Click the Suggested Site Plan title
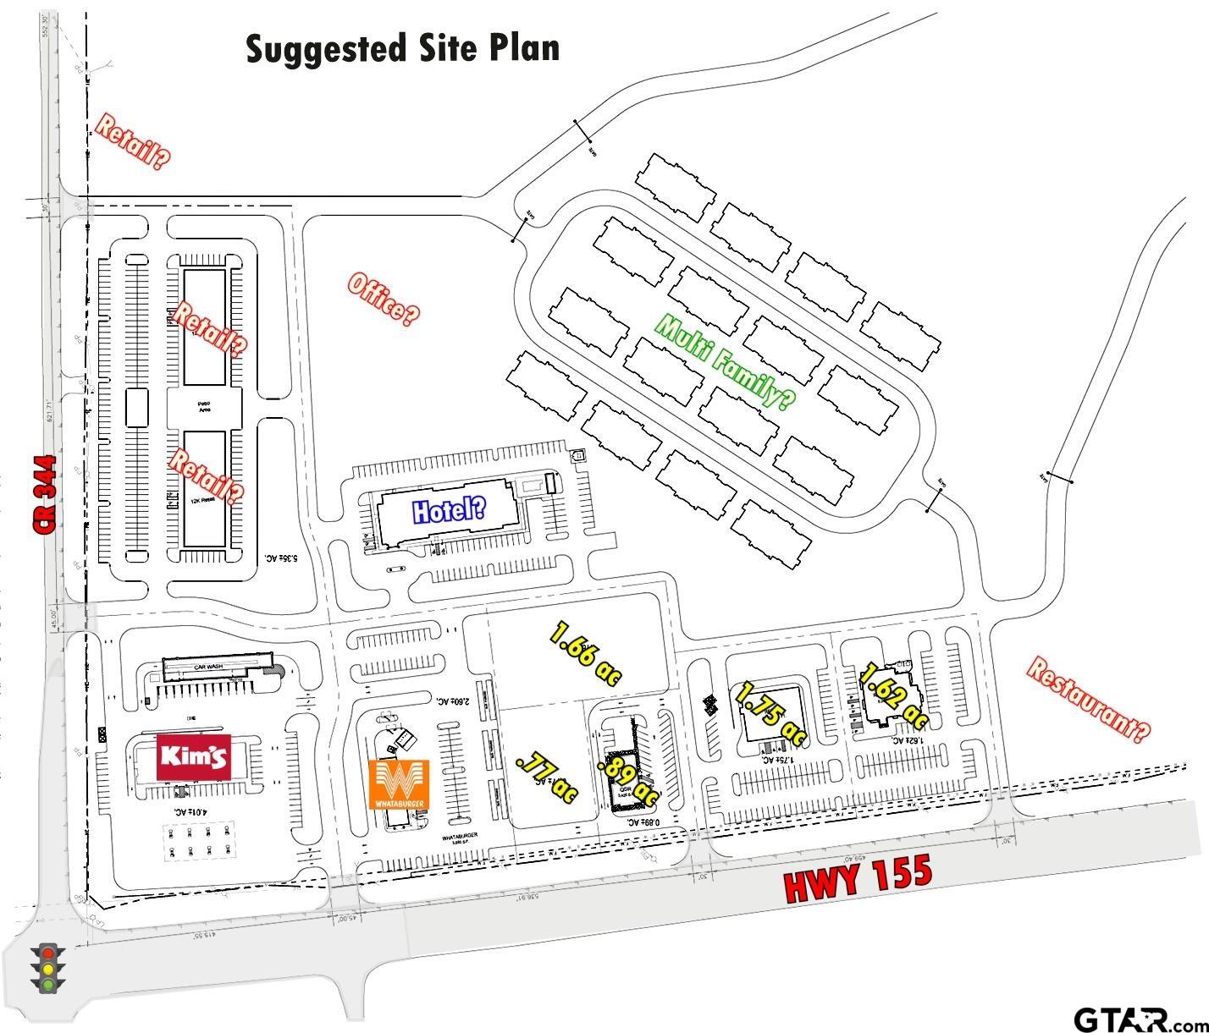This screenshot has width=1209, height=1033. (x=403, y=49)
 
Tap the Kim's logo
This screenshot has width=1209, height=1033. (x=195, y=756)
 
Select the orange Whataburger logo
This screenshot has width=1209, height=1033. (x=400, y=784)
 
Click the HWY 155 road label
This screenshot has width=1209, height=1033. (x=858, y=879)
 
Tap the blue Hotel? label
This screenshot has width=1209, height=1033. (x=449, y=510)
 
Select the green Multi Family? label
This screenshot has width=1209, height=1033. (x=726, y=362)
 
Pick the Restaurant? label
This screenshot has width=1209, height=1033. (x=1089, y=700)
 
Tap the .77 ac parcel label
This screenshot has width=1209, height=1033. (x=546, y=777)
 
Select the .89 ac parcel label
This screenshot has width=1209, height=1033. (x=627, y=782)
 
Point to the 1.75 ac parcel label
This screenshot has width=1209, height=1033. (x=770, y=714)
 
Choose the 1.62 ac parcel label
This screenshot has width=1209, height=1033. (x=894, y=697)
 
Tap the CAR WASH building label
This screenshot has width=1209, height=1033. (x=207, y=667)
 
